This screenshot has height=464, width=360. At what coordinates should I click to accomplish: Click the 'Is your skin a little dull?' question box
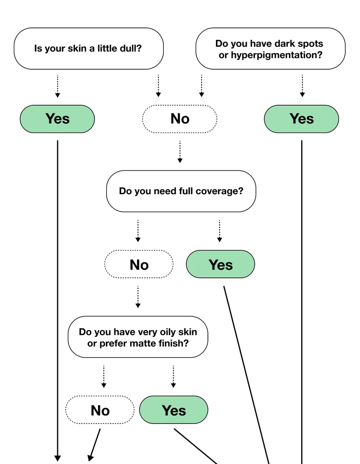point(89,49)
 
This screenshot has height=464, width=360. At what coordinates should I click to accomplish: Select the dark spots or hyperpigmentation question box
point(270,49)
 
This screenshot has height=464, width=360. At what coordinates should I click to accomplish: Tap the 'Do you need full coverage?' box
point(181,191)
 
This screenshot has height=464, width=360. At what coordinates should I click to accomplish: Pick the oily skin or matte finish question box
point(138,337)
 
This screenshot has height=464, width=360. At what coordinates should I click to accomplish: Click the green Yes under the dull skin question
point(57,119)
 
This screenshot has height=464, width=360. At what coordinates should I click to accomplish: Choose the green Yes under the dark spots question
point(301,119)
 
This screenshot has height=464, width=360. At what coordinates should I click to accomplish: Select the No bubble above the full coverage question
point(180,119)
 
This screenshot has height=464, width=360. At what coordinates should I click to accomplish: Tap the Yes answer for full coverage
point(220,264)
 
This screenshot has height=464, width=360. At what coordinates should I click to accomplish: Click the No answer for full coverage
point(139,264)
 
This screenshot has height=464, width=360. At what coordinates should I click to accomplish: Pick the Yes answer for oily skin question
point(174,410)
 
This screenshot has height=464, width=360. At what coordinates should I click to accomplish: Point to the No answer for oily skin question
point(100,410)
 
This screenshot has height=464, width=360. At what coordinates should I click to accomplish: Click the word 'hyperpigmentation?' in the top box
point(276,55)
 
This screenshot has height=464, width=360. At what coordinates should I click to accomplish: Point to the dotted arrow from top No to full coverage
point(180,152)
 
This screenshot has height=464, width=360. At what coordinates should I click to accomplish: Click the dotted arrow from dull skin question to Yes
point(58,86)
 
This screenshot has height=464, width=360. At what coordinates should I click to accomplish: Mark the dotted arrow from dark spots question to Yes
point(302,86)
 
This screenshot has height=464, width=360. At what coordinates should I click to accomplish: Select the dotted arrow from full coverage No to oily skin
point(138,297)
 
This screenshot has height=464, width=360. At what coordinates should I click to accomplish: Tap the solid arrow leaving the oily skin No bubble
point(95,445)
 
